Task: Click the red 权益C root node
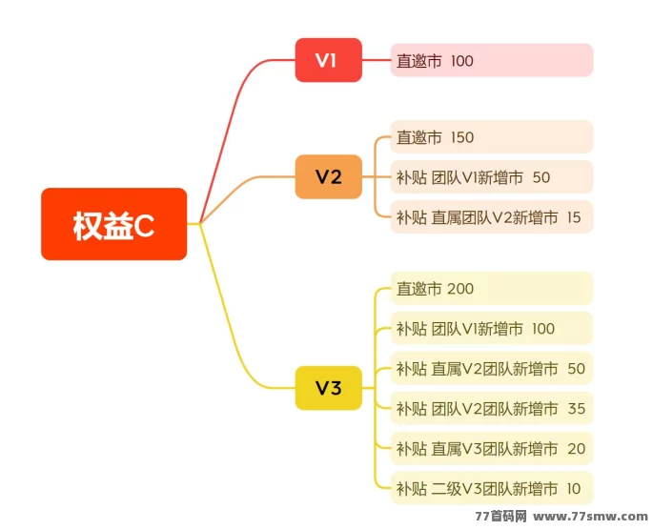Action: (x=113, y=224)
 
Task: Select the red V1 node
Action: (x=328, y=60)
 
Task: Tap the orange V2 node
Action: (x=328, y=176)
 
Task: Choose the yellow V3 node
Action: (x=328, y=388)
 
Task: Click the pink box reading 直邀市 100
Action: (x=491, y=60)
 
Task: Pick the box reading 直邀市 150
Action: (x=491, y=137)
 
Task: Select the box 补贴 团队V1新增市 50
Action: (x=491, y=177)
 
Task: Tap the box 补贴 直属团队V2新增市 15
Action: (x=491, y=217)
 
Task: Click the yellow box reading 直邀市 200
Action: (x=491, y=289)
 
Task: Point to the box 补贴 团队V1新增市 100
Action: (x=491, y=329)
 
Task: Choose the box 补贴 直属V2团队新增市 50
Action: (x=491, y=369)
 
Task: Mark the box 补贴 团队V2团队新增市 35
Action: (x=491, y=409)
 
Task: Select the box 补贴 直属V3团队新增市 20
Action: (x=491, y=449)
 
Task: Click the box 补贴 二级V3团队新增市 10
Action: (x=491, y=489)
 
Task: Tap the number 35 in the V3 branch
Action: (x=576, y=409)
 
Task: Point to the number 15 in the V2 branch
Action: (x=573, y=217)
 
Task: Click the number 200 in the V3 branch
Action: (x=460, y=289)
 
